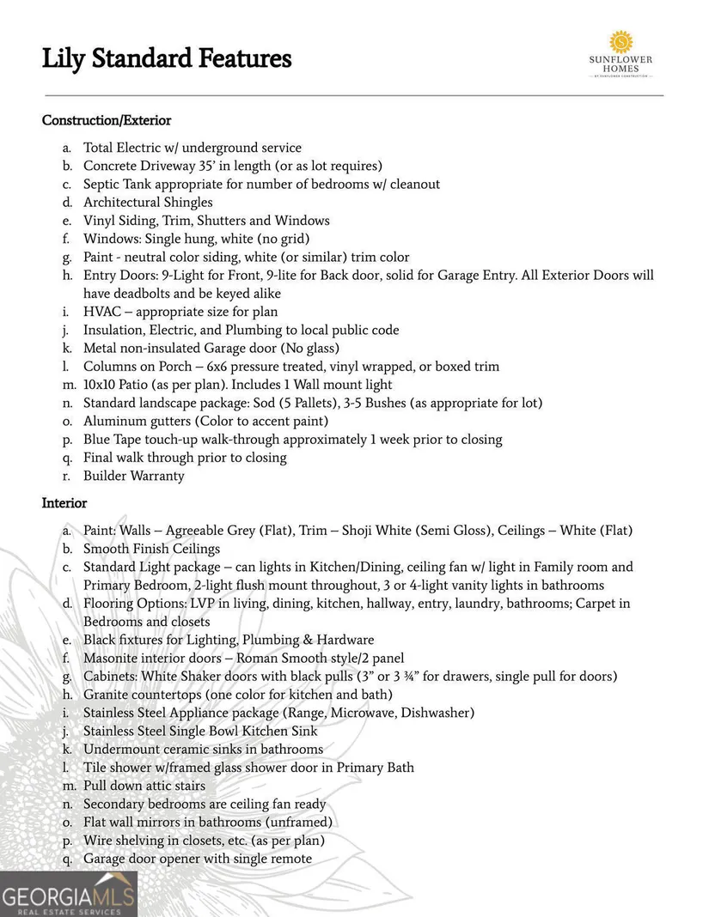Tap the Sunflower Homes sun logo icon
point(620,42)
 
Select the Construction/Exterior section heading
point(107,121)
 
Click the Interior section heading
point(64,503)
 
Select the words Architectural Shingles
point(148,203)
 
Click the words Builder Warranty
point(133,476)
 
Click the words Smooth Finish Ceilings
point(151,549)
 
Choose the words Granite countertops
point(143,695)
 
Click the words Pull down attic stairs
point(144,786)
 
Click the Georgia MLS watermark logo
point(69,895)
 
